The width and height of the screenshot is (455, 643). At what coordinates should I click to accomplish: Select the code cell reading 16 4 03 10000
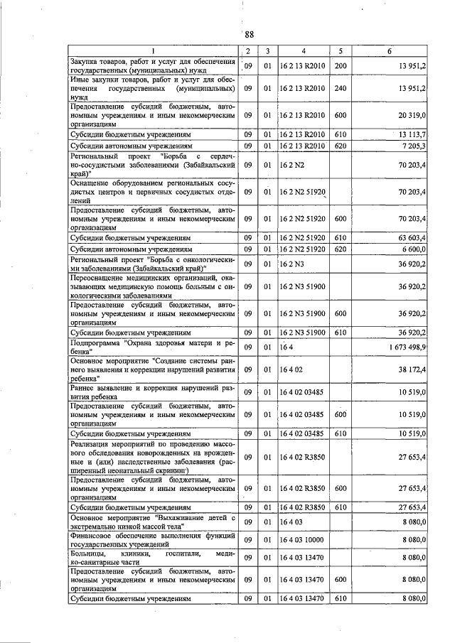tap(303, 541)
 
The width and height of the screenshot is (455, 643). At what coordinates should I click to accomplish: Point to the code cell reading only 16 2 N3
tap(289, 264)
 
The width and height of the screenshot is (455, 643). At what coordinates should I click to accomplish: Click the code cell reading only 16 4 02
tap(291, 370)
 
